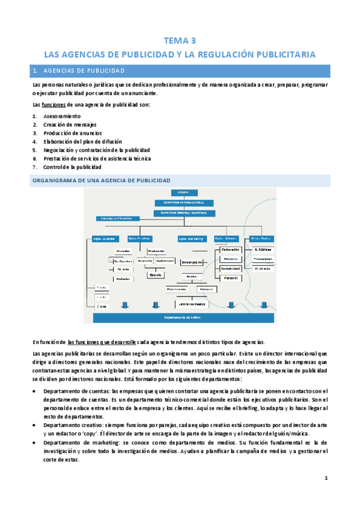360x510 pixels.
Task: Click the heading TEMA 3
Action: [180, 41]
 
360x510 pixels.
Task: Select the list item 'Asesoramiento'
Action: [61, 115]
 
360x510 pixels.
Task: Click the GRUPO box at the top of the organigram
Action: [183, 192]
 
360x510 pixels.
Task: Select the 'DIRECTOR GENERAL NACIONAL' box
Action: [183, 212]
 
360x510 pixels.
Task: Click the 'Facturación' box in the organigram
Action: [231, 249]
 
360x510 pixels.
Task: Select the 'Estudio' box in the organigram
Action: [156, 275]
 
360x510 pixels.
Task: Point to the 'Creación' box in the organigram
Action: [124, 251]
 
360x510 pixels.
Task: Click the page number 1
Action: [325, 479]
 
